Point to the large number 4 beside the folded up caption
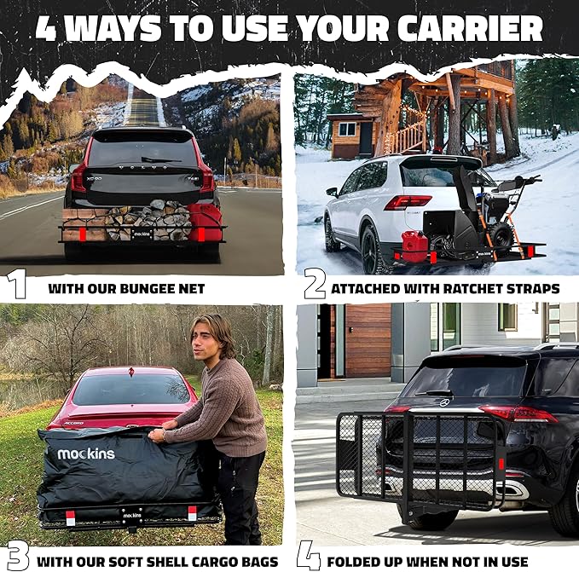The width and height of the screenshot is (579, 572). (308, 557)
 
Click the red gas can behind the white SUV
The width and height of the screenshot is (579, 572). (414, 246)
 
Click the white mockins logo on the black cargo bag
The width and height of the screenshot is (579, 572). (85, 454)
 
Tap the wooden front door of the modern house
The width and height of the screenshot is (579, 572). (368, 340)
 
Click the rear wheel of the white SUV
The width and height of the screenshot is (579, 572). (373, 250)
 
